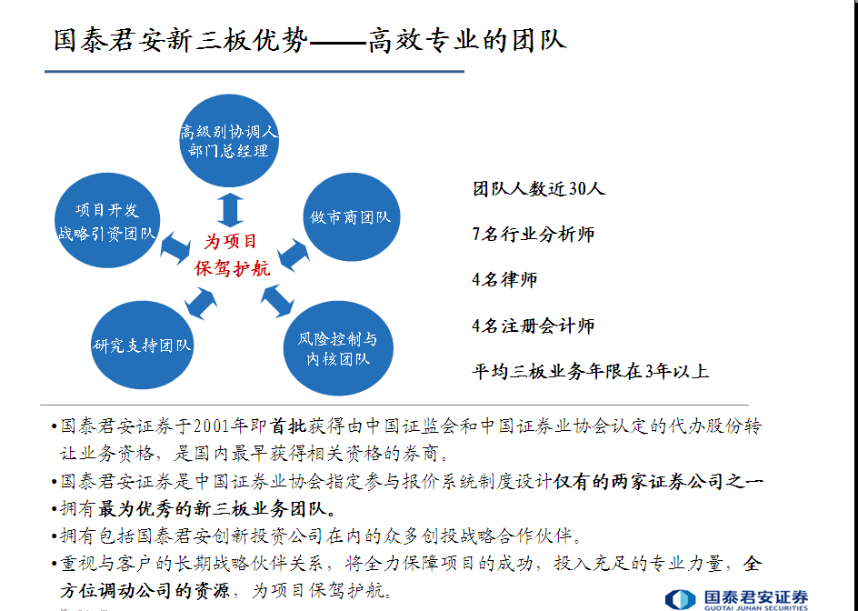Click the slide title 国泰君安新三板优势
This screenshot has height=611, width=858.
click(181, 40)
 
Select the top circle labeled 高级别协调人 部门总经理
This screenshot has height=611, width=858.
click(229, 140)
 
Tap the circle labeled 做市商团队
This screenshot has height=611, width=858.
click(352, 216)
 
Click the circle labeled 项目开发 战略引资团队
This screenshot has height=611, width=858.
click(107, 221)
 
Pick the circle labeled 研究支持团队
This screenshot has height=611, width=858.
click(143, 345)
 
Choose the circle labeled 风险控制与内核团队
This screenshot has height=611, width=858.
click(338, 348)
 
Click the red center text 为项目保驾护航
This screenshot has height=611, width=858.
click(232, 255)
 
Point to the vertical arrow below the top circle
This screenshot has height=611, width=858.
click(230, 210)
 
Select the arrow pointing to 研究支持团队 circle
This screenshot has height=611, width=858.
click(201, 304)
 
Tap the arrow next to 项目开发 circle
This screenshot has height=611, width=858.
click(175, 248)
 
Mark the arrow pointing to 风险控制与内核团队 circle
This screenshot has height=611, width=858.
click(277, 301)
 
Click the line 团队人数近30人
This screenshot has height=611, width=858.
click(539, 189)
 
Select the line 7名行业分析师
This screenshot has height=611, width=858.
click(534, 235)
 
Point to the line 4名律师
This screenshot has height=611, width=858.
click(504, 280)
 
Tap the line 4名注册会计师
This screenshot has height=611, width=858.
click(534, 326)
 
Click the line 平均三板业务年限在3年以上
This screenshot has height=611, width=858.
click(591, 371)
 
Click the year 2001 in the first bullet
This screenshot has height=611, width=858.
click(211, 426)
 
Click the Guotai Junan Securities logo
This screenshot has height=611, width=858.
click(736, 599)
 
